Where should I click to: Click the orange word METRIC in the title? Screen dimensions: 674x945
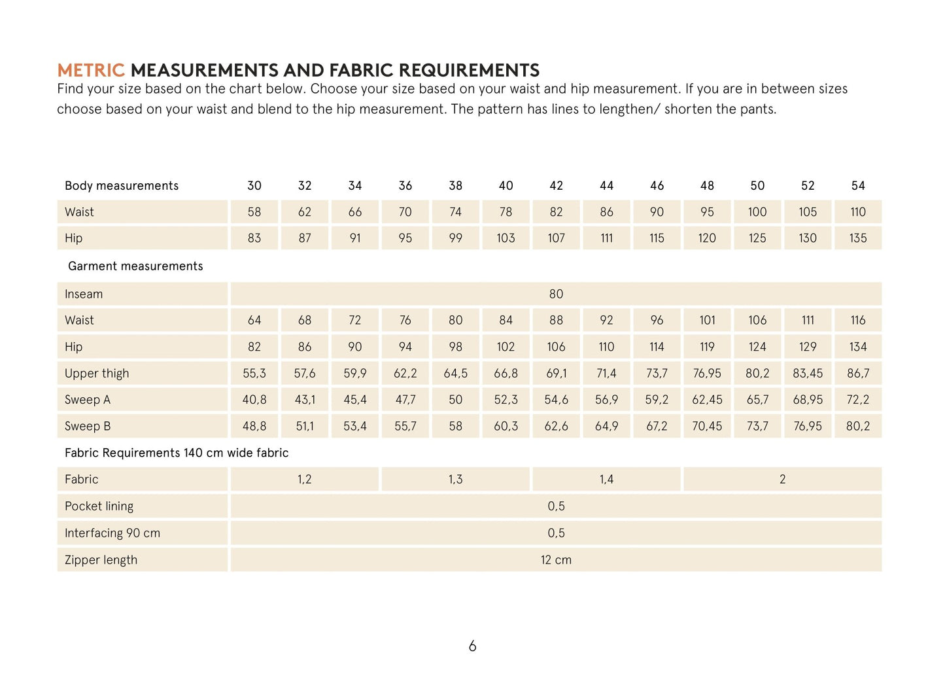(x=90, y=70)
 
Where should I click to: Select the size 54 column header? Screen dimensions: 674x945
(x=858, y=186)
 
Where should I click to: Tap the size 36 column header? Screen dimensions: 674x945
(x=405, y=186)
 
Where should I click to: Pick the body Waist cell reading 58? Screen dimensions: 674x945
(x=254, y=212)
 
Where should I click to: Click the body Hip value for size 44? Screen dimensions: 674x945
(x=606, y=238)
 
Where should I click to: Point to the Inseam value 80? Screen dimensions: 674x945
(x=556, y=294)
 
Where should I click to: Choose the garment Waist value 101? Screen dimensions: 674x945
(x=707, y=320)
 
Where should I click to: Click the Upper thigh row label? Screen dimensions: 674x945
(x=97, y=374)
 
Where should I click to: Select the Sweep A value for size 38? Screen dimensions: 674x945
(x=456, y=400)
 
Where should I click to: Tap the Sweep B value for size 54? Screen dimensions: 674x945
(x=858, y=426)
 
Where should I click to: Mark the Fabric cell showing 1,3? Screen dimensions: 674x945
(x=456, y=480)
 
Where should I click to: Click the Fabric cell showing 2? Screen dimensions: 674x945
(x=782, y=480)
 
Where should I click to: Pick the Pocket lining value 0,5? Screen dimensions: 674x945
(x=556, y=506)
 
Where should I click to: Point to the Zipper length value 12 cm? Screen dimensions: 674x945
(x=556, y=560)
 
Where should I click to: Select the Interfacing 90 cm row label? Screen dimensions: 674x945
(x=112, y=533)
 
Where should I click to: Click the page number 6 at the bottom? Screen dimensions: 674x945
(x=472, y=647)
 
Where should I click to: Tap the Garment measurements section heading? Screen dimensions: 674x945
(x=135, y=266)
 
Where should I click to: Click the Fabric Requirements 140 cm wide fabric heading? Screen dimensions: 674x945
(x=177, y=453)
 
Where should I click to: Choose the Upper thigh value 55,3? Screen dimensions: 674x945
(x=254, y=374)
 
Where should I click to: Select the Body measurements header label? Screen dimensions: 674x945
(x=122, y=186)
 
